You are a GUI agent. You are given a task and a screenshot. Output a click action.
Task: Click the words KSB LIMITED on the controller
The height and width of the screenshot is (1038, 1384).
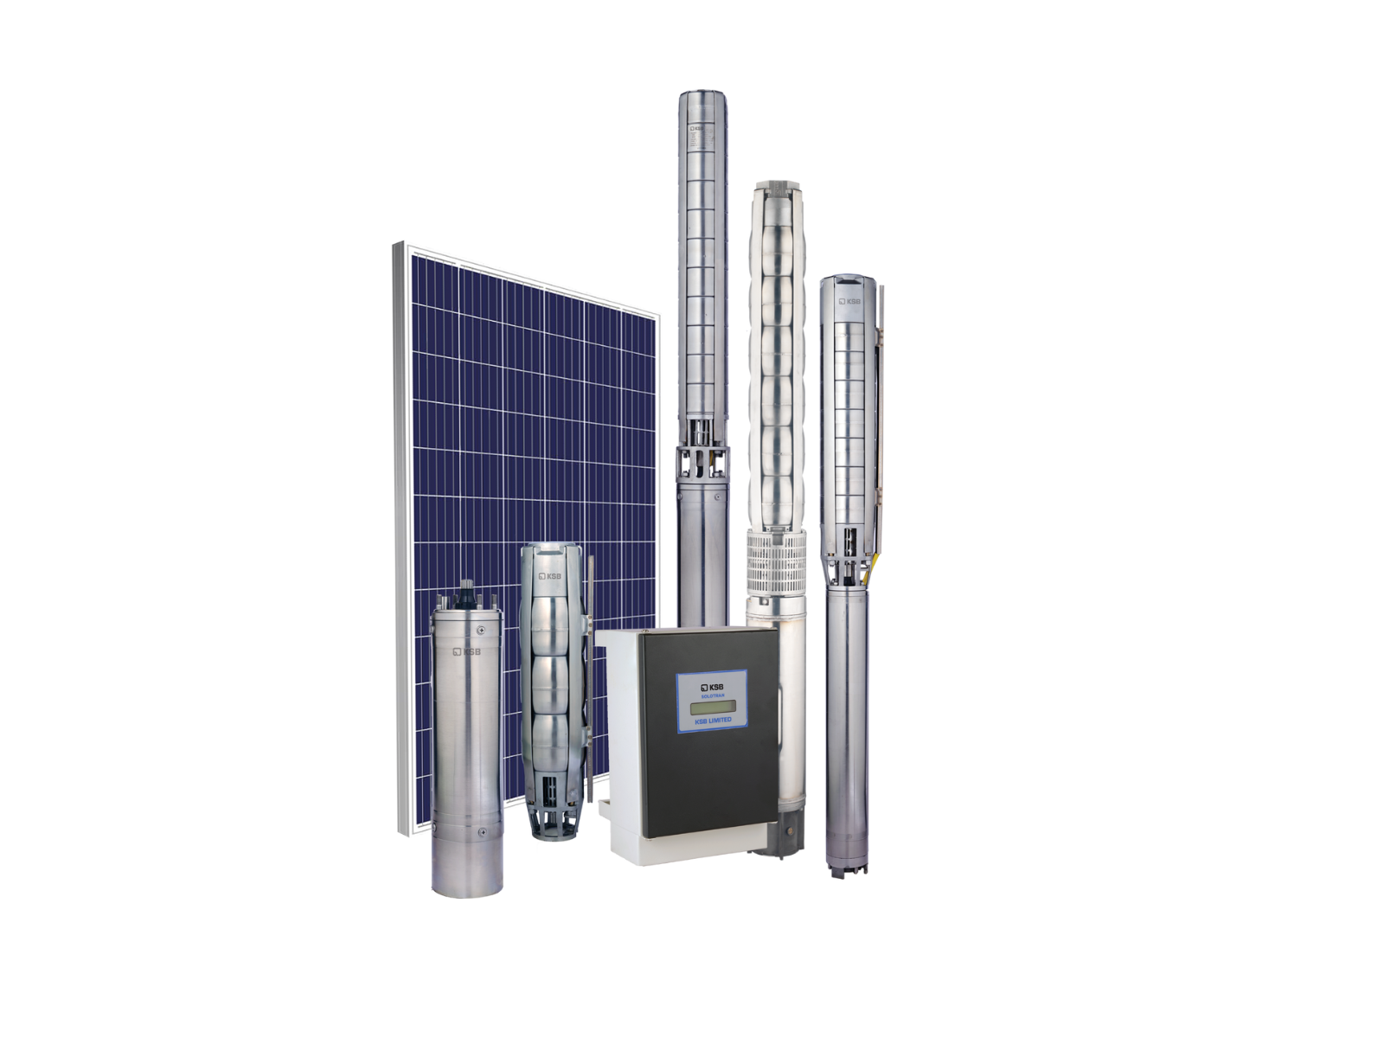tap(713, 720)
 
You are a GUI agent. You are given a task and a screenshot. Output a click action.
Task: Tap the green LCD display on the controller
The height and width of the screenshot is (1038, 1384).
tap(712, 707)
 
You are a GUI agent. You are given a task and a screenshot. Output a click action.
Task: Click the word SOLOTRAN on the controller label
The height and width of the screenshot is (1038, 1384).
tap(712, 695)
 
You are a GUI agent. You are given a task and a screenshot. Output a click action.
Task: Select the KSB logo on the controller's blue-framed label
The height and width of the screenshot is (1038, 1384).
tap(712, 686)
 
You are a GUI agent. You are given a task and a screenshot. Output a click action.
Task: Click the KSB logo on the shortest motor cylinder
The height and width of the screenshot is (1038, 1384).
tap(466, 651)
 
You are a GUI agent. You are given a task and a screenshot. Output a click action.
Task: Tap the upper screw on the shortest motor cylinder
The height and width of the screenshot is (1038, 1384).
tap(481, 630)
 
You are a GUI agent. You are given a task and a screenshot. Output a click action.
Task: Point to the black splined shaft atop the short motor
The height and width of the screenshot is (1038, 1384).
tap(467, 593)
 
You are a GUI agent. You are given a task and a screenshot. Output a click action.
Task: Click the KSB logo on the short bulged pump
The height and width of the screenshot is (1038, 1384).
tap(550, 576)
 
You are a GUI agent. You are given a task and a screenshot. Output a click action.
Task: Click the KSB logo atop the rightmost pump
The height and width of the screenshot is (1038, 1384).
tap(849, 301)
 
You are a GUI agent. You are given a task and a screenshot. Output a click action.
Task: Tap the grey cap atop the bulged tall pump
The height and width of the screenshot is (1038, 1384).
tap(776, 186)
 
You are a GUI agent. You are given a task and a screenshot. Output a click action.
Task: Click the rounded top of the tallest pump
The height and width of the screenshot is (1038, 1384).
tap(702, 94)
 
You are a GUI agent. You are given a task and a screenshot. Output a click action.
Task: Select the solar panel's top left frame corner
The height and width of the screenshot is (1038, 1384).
tap(399, 247)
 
